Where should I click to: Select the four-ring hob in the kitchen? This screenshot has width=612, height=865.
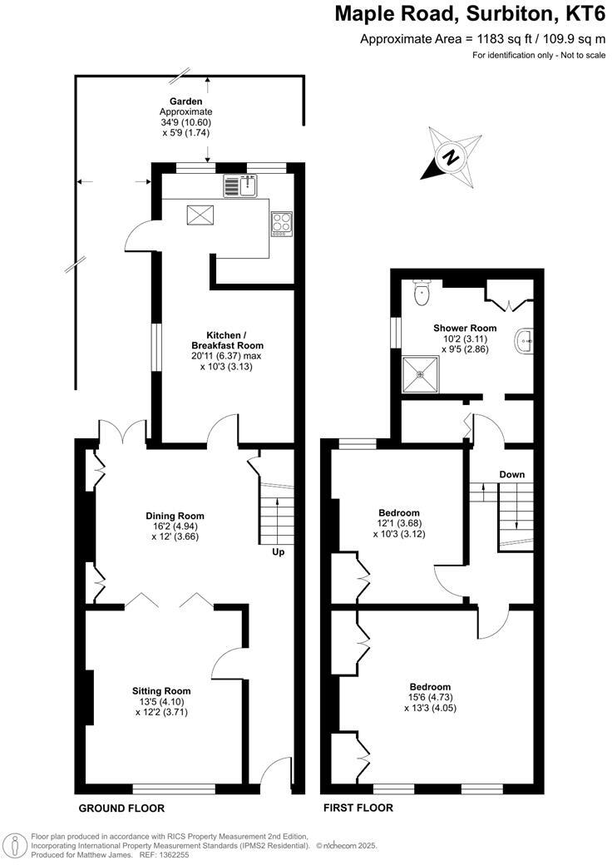click(x=281, y=223)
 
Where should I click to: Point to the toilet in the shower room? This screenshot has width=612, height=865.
click(x=422, y=289)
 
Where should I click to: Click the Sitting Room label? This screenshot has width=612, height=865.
click(x=161, y=690)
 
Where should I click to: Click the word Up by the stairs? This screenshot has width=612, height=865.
click(x=277, y=551)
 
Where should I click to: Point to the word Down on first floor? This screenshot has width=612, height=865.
click(x=511, y=474)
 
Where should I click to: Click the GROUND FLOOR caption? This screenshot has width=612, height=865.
click(x=121, y=808)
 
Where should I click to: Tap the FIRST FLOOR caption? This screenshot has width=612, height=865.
click(x=358, y=808)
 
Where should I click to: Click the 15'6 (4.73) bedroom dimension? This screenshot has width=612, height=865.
click(x=430, y=698)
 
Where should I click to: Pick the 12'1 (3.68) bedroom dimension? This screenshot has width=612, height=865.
click(x=398, y=523)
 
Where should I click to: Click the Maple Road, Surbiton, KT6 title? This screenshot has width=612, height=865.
click(x=470, y=14)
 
